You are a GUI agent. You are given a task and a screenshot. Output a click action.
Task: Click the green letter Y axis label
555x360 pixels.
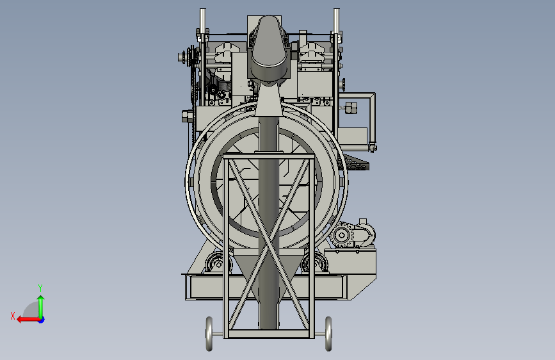[40, 288]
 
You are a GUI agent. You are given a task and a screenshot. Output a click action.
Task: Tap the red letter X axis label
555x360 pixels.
[13, 316]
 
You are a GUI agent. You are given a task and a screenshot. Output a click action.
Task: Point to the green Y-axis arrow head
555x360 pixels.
[41, 299]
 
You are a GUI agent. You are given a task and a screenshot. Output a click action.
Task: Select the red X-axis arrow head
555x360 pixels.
[20, 320]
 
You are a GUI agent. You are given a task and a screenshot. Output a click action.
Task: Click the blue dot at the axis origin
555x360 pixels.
[42, 320]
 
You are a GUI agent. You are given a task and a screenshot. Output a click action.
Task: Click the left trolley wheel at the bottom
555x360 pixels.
[209, 334]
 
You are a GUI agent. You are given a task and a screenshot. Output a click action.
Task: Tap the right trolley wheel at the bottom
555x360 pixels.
[328, 334]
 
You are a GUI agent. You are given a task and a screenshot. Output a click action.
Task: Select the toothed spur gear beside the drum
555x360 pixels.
[342, 234]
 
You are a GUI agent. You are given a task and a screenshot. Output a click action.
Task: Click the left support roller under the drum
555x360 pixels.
[218, 264]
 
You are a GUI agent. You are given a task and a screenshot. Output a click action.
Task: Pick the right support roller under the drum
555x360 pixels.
[315, 264]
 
